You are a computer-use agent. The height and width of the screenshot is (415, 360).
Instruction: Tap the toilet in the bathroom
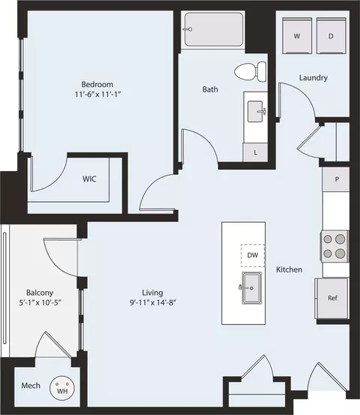coord(250,72)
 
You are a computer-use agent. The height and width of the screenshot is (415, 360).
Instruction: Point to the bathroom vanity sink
coord(256,112)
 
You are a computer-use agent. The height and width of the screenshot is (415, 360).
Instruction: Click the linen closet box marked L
coord(256,152)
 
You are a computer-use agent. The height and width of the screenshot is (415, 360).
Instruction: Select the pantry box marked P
coord(336,179)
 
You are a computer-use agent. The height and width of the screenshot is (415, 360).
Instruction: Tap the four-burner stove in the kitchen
coord(335,245)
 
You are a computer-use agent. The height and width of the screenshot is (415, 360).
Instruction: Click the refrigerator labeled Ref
coord(332,298)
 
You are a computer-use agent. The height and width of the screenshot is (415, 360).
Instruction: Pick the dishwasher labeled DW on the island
coord(253,256)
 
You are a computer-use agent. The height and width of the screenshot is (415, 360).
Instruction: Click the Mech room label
coord(30,386)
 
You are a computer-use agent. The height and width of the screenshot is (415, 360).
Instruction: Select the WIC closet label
coord(89,179)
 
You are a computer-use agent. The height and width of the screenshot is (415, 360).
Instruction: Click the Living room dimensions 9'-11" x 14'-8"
coord(154,303)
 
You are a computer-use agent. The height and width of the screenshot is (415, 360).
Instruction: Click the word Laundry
coord(313,77)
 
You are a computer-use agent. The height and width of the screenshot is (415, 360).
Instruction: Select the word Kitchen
coord(289,269)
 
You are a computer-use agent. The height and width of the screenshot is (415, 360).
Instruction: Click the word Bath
coord(211,89)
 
